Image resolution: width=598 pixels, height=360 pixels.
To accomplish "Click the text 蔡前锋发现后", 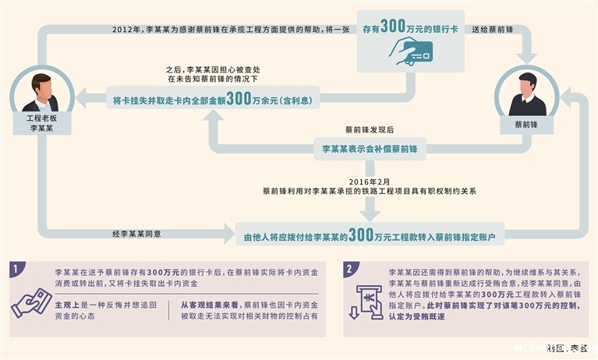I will pos(369,128).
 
